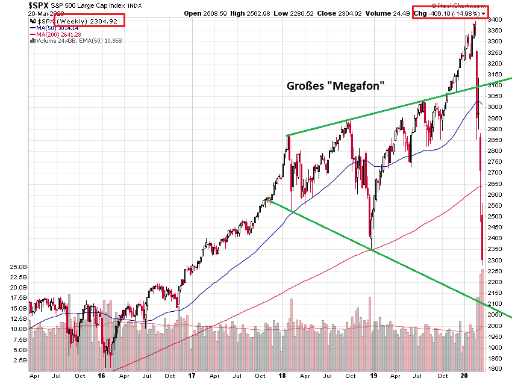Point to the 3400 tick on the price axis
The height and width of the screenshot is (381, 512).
coord(496,19)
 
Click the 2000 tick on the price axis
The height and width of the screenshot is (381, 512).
coord(496,326)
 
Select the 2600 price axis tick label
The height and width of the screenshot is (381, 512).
coord(496,194)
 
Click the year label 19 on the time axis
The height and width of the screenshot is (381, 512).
coord(374,374)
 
